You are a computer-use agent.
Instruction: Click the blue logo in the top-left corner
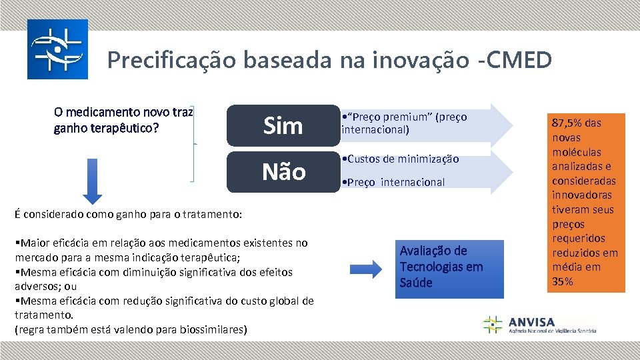[x=57, y=49]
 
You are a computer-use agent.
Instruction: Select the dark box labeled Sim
[x=283, y=125]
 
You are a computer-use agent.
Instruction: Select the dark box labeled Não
[x=283, y=172]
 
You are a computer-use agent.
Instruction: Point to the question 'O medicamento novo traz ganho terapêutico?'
[x=123, y=119]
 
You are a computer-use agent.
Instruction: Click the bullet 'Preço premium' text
[x=404, y=123]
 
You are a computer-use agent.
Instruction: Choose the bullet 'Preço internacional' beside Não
[x=394, y=182]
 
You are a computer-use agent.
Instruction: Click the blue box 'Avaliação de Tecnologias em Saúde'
[x=441, y=267]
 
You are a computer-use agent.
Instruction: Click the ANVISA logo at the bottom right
[x=539, y=325]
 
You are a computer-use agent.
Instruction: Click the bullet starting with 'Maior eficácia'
[x=161, y=250]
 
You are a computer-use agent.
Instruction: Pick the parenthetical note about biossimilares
[x=130, y=329]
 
